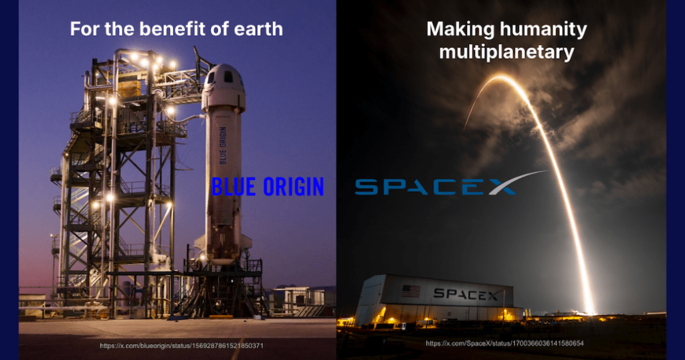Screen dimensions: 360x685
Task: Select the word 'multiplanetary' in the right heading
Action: [x=506, y=53]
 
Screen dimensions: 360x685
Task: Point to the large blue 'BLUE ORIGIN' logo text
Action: [x=268, y=187]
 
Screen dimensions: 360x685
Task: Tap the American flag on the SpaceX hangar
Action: [x=411, y=291]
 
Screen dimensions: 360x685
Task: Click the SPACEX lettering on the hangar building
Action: [x=466, y=294]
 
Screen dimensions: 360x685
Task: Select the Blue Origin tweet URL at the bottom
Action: [x=181, y=345]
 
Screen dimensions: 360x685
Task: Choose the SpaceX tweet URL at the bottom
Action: [x=505, y=343]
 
